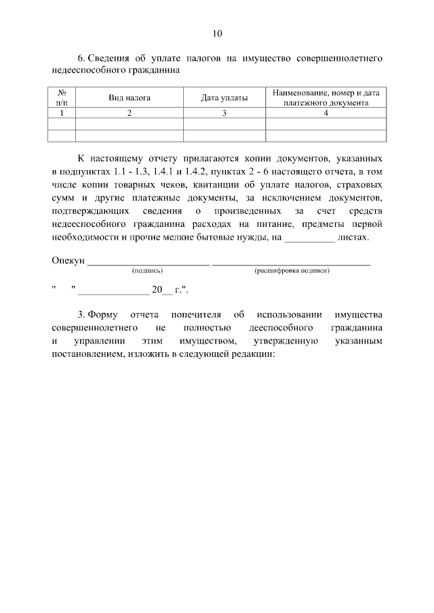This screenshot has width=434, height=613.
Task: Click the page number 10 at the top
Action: click(217, 33)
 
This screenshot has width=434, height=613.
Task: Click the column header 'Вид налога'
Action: click(130, 98)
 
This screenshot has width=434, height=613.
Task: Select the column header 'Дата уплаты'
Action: click(224, 98)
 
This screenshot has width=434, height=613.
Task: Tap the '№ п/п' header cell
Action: click(61, 98)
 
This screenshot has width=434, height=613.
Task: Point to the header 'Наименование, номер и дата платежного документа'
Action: click(325, 98)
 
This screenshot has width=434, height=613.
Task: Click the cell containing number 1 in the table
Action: click(61, 113)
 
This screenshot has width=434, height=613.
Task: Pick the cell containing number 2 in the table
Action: click(130, 113)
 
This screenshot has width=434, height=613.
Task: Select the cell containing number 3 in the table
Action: click(224, 113)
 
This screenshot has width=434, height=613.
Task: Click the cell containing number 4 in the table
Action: click(325, 113)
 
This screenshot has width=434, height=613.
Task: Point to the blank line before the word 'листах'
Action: click(309, 238)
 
